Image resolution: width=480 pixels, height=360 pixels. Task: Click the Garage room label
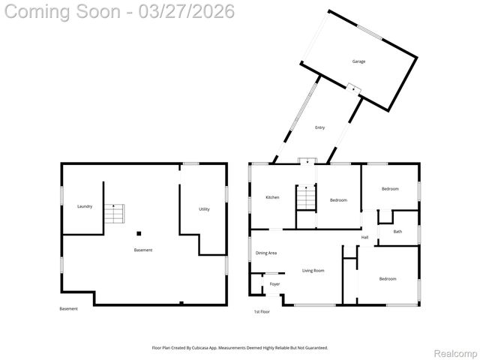click(359, 61)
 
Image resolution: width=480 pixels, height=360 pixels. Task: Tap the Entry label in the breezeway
click(320, 127)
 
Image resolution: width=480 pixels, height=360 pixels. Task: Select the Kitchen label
click(272, 197)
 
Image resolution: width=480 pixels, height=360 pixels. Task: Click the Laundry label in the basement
click(85, 205)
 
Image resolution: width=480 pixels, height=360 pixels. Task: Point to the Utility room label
click(204, 209)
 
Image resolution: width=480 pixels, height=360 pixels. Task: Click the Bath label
click(397, 232)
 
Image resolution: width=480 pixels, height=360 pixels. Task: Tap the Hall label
click(364, 238)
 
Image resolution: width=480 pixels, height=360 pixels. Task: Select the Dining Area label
click(266, 253)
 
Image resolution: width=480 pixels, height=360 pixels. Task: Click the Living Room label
click(313, 270)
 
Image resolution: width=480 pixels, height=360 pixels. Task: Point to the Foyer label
click(275, 284)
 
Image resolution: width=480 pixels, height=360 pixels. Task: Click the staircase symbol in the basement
click(112, 214)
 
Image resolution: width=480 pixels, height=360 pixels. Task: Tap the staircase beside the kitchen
click(306, 199)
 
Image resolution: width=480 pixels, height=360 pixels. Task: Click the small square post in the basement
click(138, 233)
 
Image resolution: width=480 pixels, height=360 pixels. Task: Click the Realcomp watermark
click(455, 352)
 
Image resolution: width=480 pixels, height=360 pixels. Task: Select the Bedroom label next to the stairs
click(338, 199)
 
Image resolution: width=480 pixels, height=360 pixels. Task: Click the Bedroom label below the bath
click(387, 279)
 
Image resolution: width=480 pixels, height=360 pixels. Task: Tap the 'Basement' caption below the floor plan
click(68, 309)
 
